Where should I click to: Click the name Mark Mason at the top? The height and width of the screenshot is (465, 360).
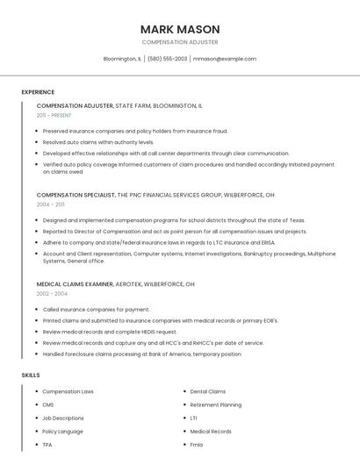pyautogui.click(x=180, y=29)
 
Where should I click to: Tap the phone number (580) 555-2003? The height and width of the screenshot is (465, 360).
pyautogui.click(x=167, y=59)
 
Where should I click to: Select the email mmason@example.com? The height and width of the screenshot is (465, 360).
pyautogui.click(x=225, y=59)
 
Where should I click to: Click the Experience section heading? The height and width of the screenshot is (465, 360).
pyautogui.click(x=38, y=92)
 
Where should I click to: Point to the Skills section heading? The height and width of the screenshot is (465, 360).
pyautogui.click(x=31, y=375)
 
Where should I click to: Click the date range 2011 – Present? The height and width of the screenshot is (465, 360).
pyautogui.click(x=54, y=115)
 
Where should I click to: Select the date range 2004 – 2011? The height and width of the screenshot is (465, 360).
pyautogui.click(x=50, y=204)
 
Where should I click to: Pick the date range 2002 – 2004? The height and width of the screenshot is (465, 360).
pyautogui.click(x=52, y=294)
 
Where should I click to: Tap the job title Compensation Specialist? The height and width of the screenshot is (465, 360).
pyautogui.click(x=76, y=194)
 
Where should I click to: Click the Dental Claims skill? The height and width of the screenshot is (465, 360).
pyautogui.click(x=208, y=391)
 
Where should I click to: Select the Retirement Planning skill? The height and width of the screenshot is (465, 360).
pyautogui.click(x=216, y=404)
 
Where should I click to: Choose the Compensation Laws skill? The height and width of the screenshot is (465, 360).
pyautogui.click(x=68, y=391)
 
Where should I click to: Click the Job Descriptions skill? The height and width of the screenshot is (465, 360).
pyautogui.click(x=63, y=418)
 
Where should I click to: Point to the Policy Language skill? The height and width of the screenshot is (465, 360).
pyautogui.click(x=62, y=432)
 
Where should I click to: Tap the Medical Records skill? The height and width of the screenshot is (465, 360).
pyautogui.click(x=211, y=432)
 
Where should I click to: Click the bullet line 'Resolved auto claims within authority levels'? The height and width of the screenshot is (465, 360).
pyautogui.click(x=98, y=141)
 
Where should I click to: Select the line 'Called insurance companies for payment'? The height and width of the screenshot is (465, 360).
pyautogui.click(x=96, y=309)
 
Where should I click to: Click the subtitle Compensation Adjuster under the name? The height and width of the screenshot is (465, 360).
pyautogui.click(x=180, y=42)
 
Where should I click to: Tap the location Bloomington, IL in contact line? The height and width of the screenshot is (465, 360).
pyautogui.click(x=122, y=59)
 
